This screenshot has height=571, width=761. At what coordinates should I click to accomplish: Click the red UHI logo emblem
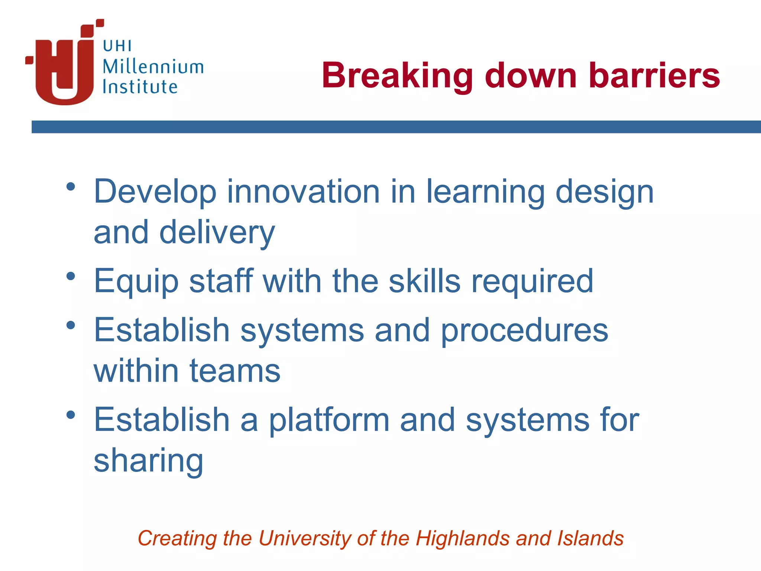[63, 67]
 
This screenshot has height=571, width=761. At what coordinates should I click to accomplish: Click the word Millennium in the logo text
[153, 67]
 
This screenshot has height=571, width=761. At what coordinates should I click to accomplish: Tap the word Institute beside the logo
[140, 87]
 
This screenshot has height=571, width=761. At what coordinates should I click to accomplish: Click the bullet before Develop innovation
[71, 187]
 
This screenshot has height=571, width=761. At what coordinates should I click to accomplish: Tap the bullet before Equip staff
[71, 276]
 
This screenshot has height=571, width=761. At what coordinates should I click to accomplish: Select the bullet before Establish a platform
[71, 415]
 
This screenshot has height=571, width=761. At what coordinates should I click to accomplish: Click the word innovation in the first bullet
[303, 192]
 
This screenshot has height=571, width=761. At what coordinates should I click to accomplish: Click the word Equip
[136, 282]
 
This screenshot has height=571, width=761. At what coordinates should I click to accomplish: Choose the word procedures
[524, 331]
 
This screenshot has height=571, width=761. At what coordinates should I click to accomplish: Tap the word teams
[235, 371]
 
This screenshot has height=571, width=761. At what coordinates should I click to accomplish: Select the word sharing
[148, 461]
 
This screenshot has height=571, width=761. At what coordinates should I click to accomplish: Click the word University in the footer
[304, 538]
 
